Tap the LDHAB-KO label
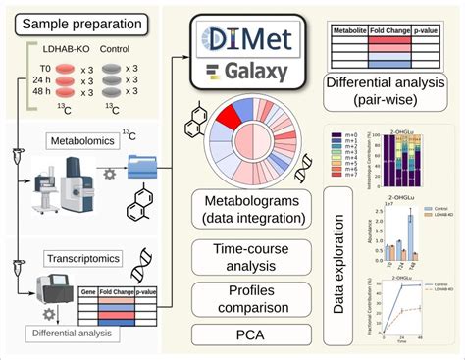[66, 49]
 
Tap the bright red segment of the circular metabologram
[227, 117]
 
